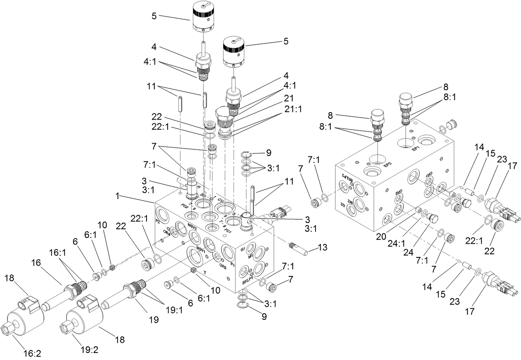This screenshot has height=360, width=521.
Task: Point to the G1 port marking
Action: [x=243, y=250]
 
